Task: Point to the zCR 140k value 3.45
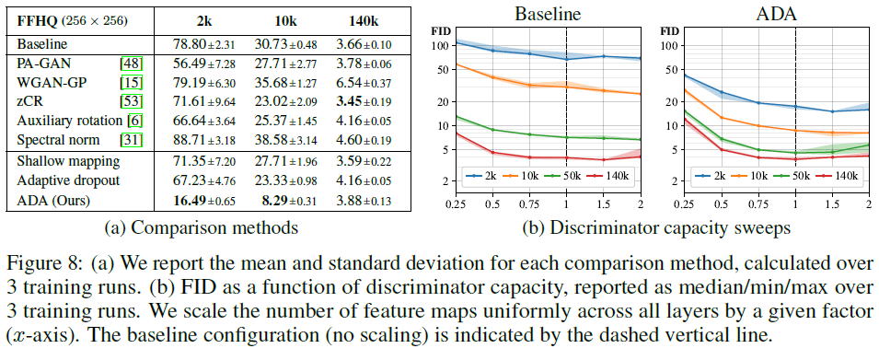coord(344,102)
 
